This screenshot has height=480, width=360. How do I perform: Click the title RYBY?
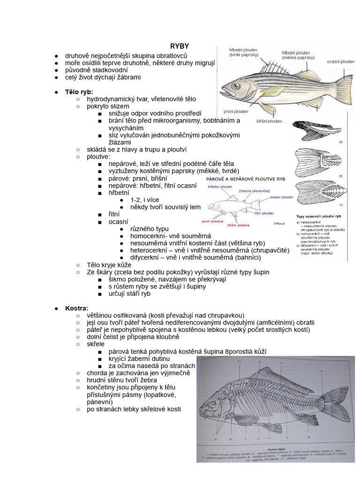pos(180,46)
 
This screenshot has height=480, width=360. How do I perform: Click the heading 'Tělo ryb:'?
pos(79,92)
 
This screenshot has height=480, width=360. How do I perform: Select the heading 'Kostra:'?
pos(77,308)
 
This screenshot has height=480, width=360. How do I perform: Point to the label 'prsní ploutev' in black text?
pos(235,112)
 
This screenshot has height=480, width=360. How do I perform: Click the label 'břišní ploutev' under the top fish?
pos(270,120)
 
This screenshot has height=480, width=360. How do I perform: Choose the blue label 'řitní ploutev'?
pos(265,213)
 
